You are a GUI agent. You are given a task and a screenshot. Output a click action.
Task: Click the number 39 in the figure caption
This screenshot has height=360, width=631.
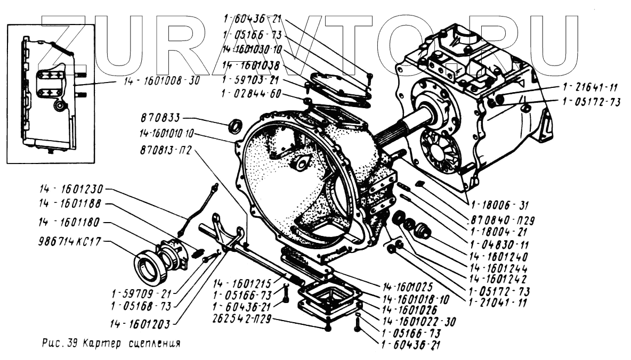tap(72, 343)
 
